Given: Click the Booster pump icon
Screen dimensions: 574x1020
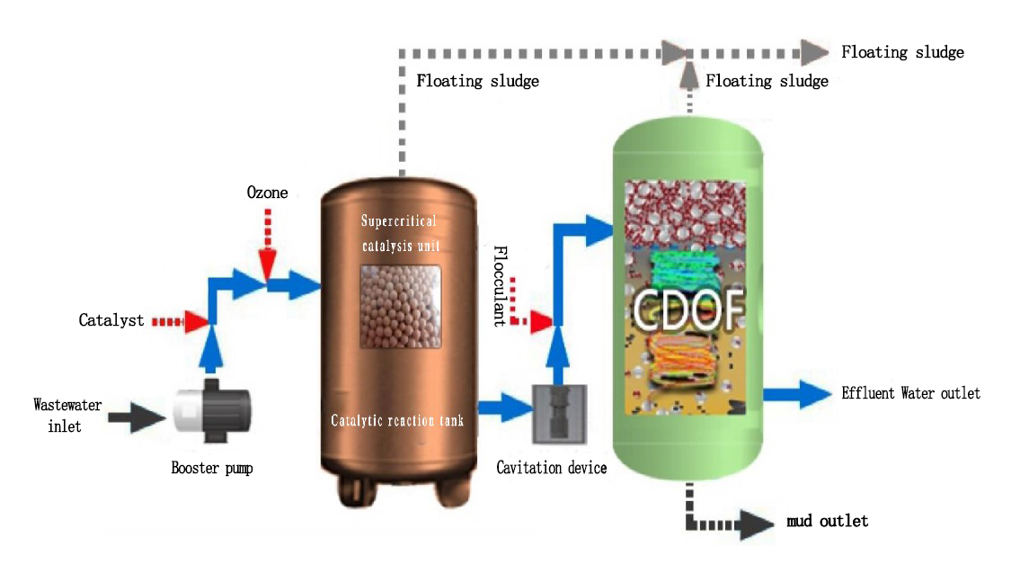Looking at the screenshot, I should coord(211,415).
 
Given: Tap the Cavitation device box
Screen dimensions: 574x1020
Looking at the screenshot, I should coord(559,414).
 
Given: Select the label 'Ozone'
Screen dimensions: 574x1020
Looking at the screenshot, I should coord(267,193).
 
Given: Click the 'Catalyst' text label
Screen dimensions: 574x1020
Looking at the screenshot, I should coord(111,320).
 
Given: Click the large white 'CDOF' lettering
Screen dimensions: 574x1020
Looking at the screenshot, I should coord(689,308).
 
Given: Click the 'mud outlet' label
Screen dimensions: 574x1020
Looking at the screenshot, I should coord(827,521).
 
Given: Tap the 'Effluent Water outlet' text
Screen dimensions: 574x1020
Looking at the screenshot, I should coord(910,393).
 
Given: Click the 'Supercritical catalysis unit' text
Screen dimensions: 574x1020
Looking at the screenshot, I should coord(399,232).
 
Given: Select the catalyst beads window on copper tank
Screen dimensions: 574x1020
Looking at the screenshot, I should coord(400,307).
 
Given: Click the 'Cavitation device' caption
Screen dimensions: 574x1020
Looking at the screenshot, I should coord(552,468).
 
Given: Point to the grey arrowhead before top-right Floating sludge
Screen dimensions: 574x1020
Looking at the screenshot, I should coord(814,50).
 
